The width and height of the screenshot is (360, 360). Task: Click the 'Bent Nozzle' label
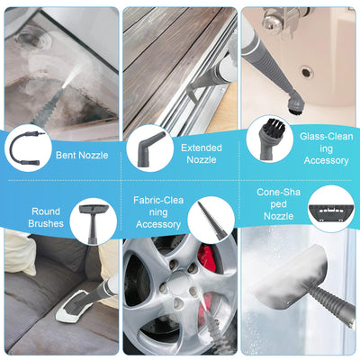point(82,155)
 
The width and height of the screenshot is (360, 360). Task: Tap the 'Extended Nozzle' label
point(202,154)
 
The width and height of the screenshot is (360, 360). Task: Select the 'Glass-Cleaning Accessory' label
point(326,148)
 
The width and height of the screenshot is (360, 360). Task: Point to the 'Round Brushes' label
point(46,218)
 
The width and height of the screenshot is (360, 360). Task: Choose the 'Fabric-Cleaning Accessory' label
point(158,212)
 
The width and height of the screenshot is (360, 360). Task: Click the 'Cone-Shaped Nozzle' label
point(279,204)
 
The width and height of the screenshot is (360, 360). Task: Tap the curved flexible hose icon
point(25,148)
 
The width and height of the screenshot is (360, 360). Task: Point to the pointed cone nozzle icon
point(210,220)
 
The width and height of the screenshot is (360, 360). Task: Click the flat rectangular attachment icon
point(331,211)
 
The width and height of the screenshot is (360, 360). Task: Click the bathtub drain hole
point(307,72)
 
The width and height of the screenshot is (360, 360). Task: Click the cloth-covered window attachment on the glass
point(290,276)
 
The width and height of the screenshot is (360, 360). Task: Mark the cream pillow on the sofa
point(19,251)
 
